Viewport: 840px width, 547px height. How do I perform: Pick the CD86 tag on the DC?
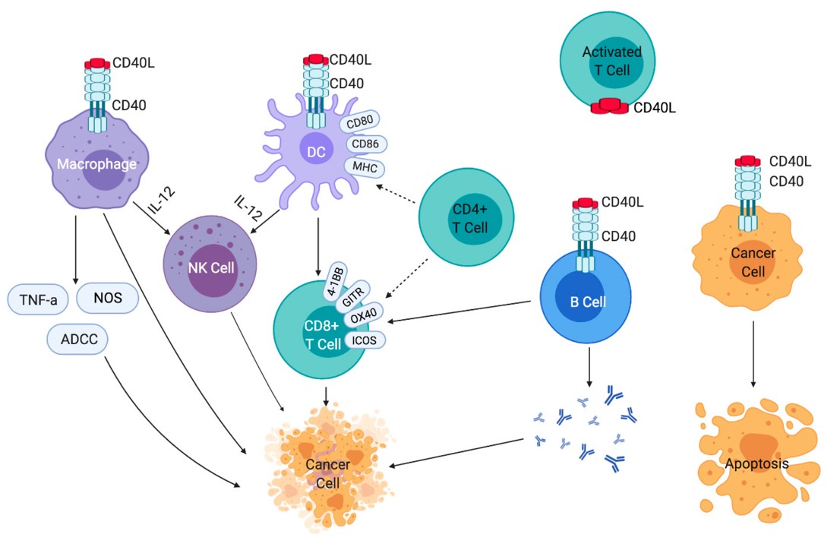(x=367, y=144)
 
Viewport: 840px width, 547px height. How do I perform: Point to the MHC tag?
(x=363, y=166)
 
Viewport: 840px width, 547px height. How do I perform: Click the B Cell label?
(x=588, y=302)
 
